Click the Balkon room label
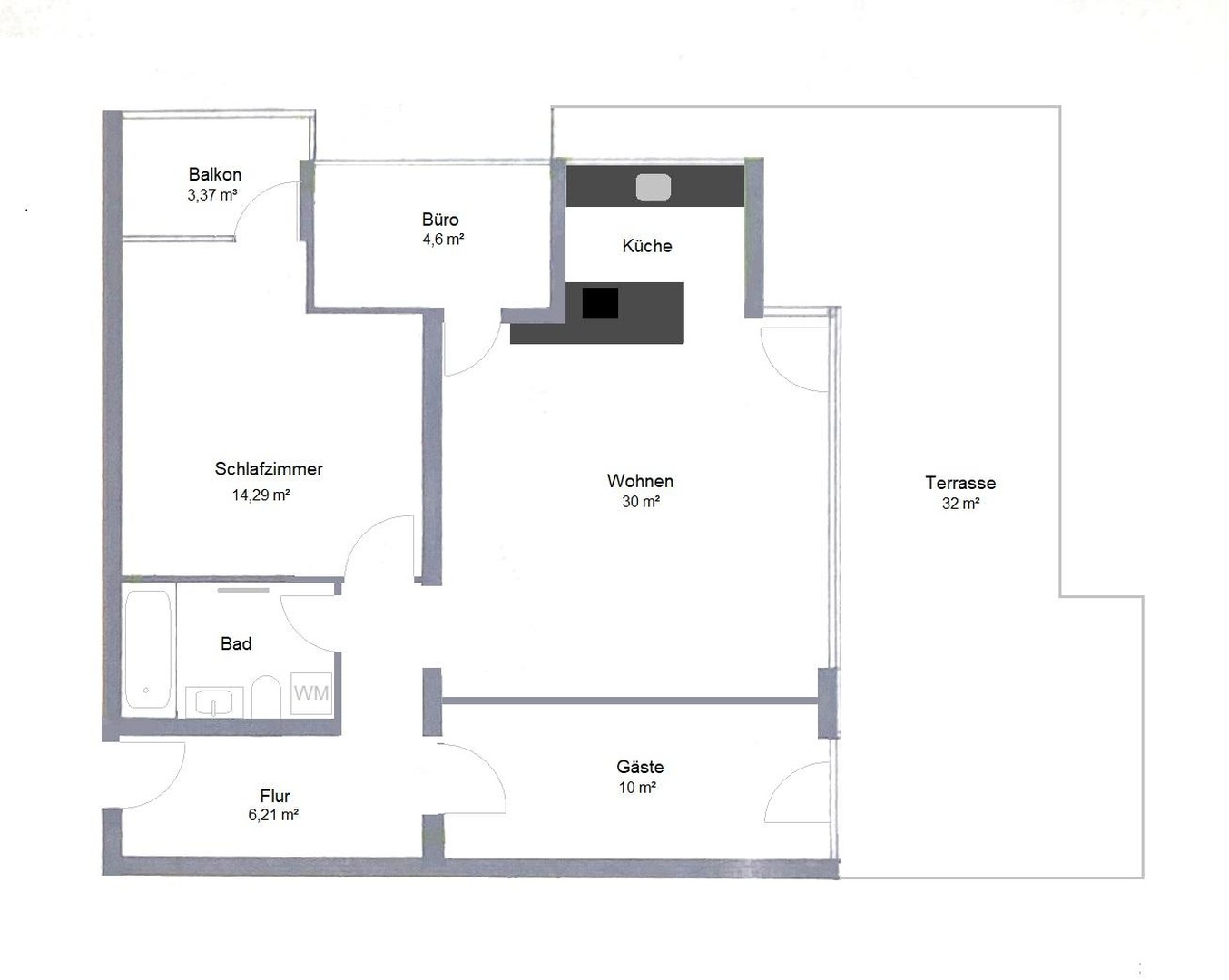tap(215, 174)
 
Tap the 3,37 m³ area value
tap(212, 195)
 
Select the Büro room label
tap(440, 220)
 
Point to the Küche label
tap(647, 246)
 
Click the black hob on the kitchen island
tap(600, 302)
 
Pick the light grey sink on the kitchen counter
tap(654, 187)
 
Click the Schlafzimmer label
tap(269, 469)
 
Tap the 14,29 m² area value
tap(261, 495)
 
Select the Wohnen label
tap(640, 481)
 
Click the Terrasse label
tap(960, 483)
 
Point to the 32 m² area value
tap(960, 504)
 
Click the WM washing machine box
tap(311, 693)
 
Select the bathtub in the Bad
tap(148, 650)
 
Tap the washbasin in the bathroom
tap(214, 701)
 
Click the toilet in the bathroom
tap(266, 696)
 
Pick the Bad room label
tap(236, 643)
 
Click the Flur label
tap(275, 796)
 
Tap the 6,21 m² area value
tap(273, 815)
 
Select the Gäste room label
tap(640, 767)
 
